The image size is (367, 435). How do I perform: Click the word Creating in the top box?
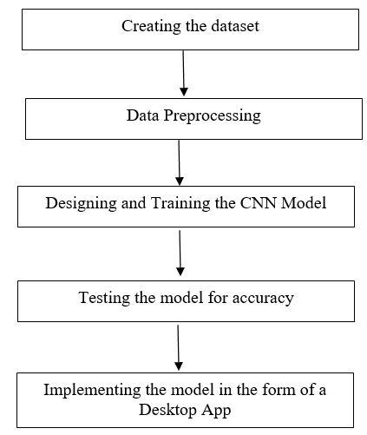[151, 27]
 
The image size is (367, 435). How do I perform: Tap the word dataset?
[235, 26]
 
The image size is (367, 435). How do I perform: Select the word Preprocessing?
[212, 116]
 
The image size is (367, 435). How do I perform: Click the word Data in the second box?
[142, 115]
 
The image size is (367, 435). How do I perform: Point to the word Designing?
[81, 203]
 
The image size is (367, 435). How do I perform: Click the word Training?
[180, 203]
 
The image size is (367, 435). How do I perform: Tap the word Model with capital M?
[304, 203]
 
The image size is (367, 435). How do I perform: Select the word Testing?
[104, 298]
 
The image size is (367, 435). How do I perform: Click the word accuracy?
[263, 299]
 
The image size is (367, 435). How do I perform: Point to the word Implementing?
[92, 391]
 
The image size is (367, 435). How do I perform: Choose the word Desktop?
[167, 410]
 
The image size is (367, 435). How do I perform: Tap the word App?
[216, 411]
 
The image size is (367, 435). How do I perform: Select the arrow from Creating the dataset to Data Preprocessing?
[183, 73]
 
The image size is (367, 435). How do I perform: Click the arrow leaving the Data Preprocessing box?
[180, 162]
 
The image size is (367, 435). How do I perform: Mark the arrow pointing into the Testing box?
[180, 253]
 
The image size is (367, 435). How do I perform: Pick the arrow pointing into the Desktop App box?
[178, 347]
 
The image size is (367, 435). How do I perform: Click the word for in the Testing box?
[217, 298]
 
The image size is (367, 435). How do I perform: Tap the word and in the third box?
[134, 203]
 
